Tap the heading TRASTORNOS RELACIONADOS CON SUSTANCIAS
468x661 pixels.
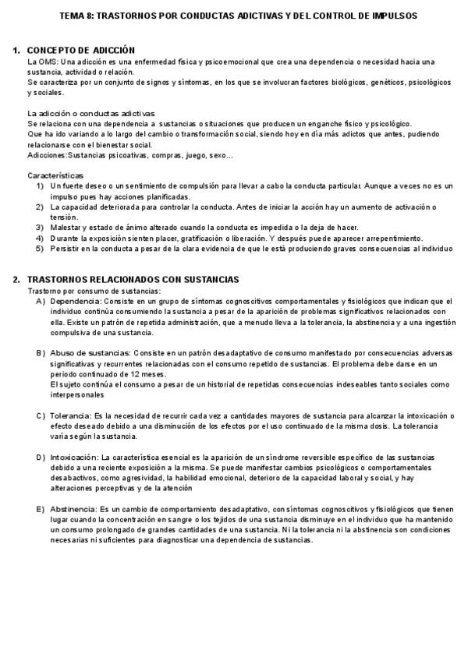tap(133, 279)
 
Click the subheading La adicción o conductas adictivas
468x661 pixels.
tap(90, 113)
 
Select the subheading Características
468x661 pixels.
tap(55, 175)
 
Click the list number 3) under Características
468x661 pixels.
tap(40, 228)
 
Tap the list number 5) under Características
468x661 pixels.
tap(40, 248)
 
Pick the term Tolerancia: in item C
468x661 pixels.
tap(71, 415)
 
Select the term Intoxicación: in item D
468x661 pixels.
tap(75, 456)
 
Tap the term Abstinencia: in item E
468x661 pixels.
tap(74, 508)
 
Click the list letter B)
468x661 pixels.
tap(41, 352)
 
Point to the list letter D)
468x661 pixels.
tap(41, 456)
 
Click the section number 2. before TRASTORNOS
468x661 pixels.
tap(16, 279)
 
